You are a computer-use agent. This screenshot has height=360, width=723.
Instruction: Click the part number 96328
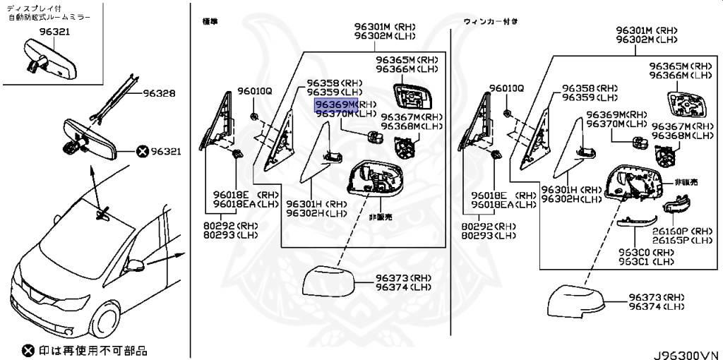point(160,93)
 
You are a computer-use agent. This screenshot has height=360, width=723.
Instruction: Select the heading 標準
point(210,21)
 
